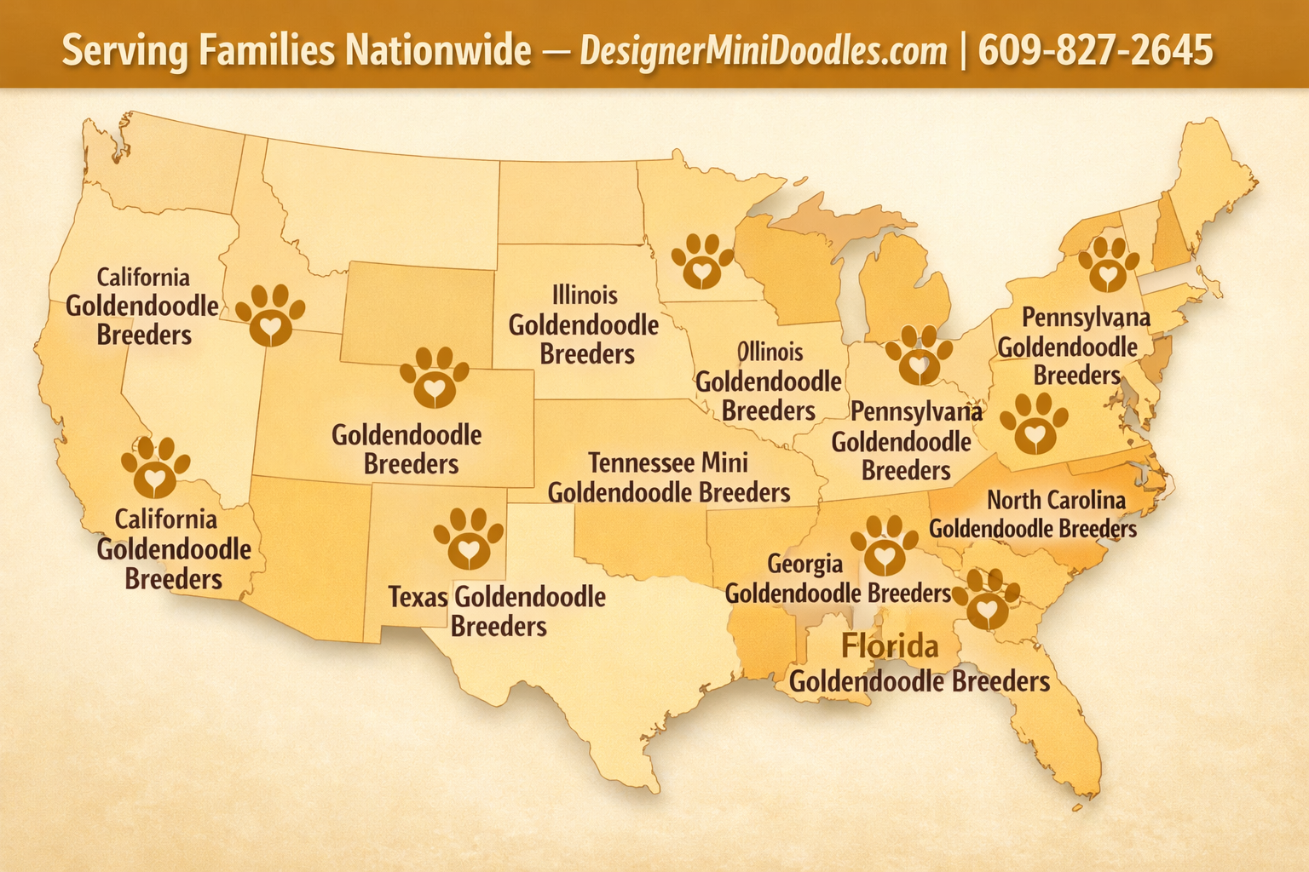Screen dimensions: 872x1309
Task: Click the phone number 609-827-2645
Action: click(x=1095, y=50)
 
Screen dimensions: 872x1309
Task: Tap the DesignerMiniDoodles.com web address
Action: click(x=764, y=51)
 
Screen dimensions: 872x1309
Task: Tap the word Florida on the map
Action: click(x=890, y=645)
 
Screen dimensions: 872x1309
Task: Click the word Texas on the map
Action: click(x=418, y=597)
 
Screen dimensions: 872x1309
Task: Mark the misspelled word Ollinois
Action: click(x=770, y=352)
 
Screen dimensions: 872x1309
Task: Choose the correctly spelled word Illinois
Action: click(x=585, y=295)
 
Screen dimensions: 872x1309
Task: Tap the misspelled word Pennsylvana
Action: click(x=1086, y=318)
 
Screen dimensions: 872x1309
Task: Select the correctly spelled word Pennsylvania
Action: click(x=916, y=412)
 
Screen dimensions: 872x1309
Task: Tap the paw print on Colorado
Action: click(x=434, y=376)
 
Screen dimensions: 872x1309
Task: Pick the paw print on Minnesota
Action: click(x=701, y=261)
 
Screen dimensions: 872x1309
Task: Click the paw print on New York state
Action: click(x=1108, y=264)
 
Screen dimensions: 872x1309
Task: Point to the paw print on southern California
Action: click(x=155, y=467)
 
